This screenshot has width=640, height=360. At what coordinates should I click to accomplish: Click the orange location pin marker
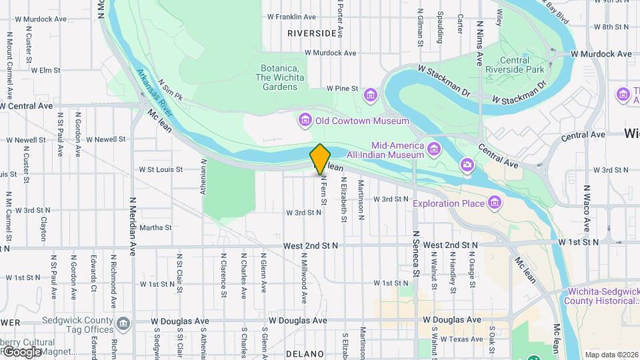pos(320,159)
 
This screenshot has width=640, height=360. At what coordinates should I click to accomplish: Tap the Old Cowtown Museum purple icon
pos(305,121)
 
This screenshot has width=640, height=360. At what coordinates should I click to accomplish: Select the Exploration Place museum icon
pos(495,202)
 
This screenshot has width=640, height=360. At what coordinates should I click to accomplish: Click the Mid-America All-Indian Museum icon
pos(435,148)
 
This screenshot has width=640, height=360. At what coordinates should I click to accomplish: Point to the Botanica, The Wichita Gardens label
pos(280,77)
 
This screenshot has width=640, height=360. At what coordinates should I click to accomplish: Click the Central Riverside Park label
pos(524,65)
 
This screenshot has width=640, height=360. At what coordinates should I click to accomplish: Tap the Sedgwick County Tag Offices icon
pos(123,325)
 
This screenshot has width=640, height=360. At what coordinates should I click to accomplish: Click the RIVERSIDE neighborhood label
pos(312,33)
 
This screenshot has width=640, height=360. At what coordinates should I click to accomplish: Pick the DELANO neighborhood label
pos(305,353)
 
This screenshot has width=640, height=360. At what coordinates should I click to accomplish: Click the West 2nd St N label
pos(310,245)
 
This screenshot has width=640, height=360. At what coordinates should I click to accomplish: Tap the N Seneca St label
pos(415,253)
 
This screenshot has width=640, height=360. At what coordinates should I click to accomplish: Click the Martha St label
pos(156,227)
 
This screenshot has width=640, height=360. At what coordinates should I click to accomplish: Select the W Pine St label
pos(343,88)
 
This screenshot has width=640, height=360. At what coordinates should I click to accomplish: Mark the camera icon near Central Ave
pos(467,164)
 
